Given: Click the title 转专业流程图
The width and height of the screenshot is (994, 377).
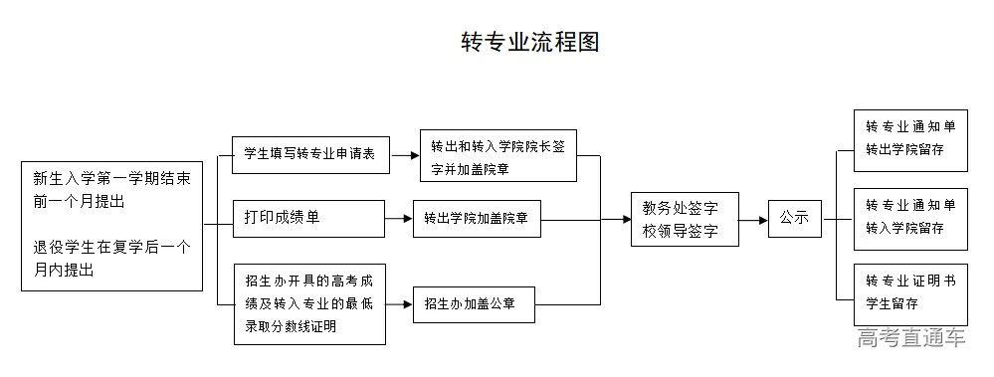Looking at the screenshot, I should tap(529, 42).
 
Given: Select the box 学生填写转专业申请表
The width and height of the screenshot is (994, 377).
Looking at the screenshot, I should tap(309, 155).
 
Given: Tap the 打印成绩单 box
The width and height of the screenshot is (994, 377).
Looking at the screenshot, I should tap(308, 218).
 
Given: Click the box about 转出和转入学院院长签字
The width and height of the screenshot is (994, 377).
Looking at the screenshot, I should tap(497, 155).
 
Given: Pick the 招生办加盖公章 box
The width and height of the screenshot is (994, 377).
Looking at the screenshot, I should tap(474, 303).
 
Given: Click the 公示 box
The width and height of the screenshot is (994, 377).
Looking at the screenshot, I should tap(794, 218).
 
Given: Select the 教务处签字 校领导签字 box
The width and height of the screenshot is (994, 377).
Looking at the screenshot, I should tap(687, 219).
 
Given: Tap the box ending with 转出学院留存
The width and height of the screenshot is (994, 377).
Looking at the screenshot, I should tap(910, 140).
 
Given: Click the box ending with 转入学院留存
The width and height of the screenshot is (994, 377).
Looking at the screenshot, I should tap(910, 217).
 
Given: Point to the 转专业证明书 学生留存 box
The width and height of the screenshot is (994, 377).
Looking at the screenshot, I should tap(910, 293).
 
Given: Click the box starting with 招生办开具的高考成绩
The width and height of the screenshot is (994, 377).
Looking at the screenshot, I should tap(308, 302).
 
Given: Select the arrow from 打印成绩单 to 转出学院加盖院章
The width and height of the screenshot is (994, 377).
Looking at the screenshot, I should tap(399, 219).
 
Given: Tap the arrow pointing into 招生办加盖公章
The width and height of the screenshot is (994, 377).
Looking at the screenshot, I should tap(399, 303).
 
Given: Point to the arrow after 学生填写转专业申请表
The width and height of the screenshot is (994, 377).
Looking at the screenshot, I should tap(404, 155).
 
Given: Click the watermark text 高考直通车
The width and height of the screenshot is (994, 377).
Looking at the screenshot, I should tap(910, 338).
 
